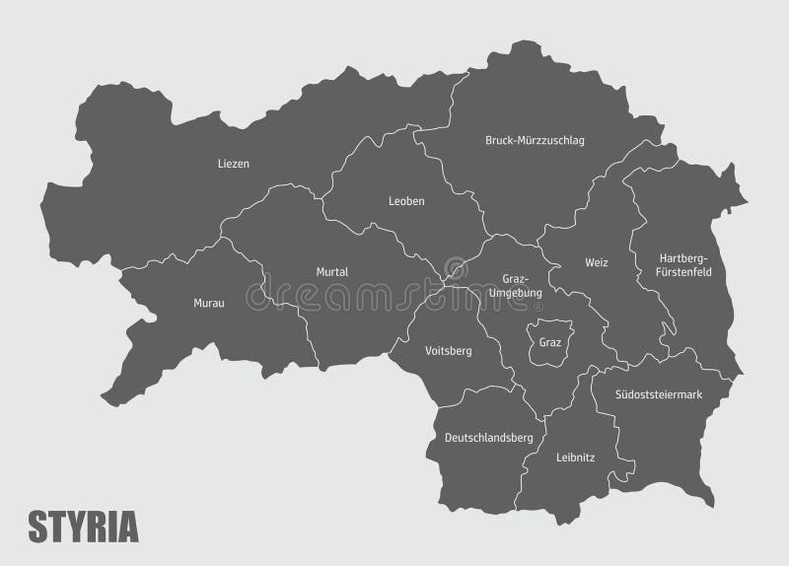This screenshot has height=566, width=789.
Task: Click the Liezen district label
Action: pyautogui.click(x=233, y=164)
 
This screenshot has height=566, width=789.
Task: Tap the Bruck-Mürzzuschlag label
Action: pyautogui.click(x=535, y=141)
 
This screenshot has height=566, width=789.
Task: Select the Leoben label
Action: pyautogui.click(x=406, y=201)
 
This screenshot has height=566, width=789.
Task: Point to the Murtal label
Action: pyautogui.click(x=332, y=271)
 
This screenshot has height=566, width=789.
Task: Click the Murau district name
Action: pyautogui.click(x=208, y=303)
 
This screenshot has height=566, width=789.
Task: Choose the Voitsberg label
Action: pyautogui.click(x=448, y=350)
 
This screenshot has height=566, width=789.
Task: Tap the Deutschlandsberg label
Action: pyautogui.click(x=488, y=437)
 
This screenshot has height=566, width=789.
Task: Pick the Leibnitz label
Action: pyautogui.click(x=575, y=457)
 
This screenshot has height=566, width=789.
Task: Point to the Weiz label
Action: pyautogui.click(x=595, y=263)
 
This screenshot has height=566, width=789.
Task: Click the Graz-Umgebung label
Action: pyautogui.click(x=515, y=285)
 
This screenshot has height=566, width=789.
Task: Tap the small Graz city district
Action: pyautogui.click(x=548, y=342)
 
